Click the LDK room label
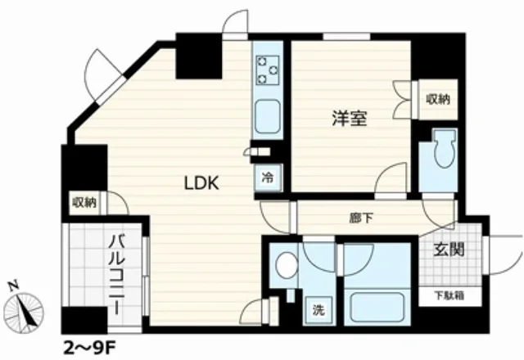[202, 183]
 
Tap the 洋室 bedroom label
[350, 118]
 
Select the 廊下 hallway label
[361, 218]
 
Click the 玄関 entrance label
[449, 249]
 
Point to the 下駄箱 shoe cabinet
[449, 296]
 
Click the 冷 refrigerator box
[268, 178]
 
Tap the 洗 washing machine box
[318, 310]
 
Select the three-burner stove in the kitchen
[268, 70]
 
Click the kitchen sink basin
[268, 116]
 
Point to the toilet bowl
[444, 149]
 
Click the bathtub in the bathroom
[377, 308]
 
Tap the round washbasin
[287, 265]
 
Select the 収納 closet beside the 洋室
[438, 99]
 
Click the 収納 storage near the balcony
[84, 203]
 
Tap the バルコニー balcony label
[116, 275]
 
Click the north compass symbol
[24, 313]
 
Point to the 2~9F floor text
[89, 349]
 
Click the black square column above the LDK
[199, 56]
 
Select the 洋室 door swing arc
[391, 178]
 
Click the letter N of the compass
[14, 286]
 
